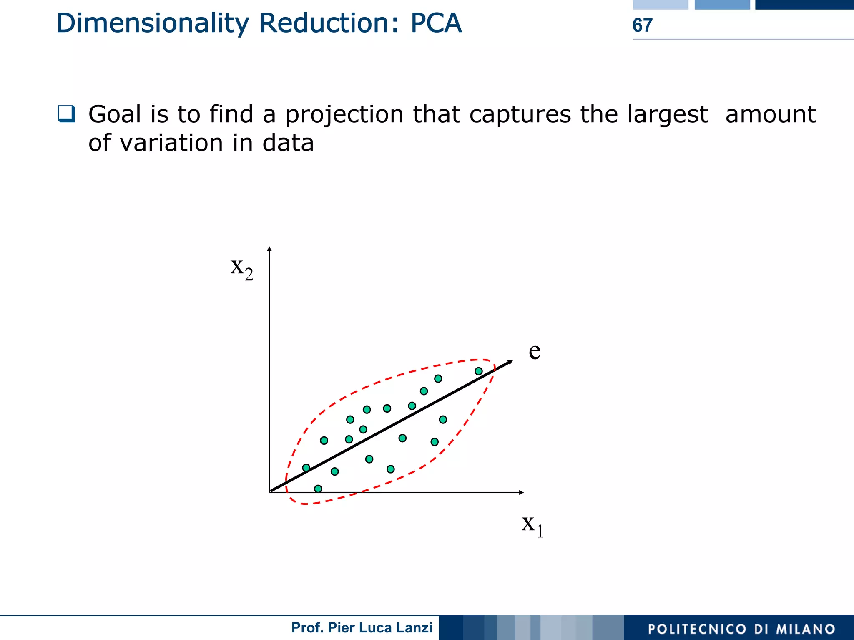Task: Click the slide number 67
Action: [642, 25]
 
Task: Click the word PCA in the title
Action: [436, 23]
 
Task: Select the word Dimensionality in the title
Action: [153, 23]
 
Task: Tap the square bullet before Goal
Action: [66, 113]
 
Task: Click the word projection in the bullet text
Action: [344, 115]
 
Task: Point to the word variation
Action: [171, 143]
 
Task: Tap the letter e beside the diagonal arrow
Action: [535, 351]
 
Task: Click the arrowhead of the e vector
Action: [510, 362]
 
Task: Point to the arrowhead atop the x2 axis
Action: [269, 249]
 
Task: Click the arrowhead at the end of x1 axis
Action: [521, 492]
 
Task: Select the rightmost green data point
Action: [479, 371]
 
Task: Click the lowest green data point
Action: [318, 489]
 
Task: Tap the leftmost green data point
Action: [306, 468]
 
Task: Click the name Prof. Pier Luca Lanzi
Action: [362, 628]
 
